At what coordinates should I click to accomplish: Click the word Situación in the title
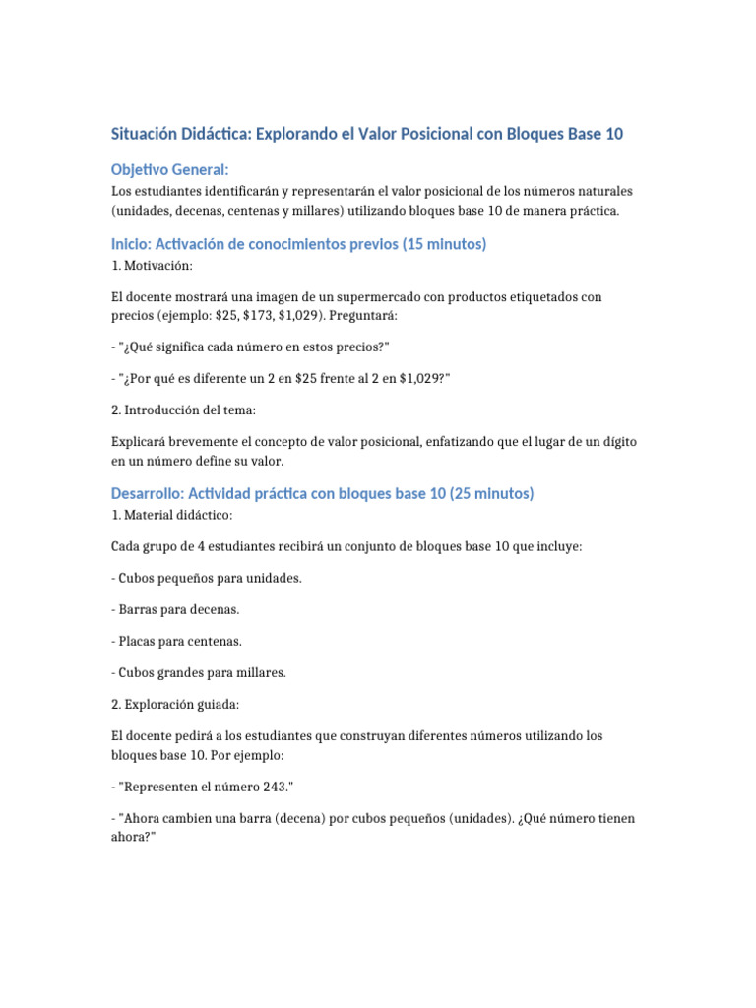(146, 134)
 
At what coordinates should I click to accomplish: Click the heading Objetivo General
(169, 170)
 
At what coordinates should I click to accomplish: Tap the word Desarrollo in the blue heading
(149, 493)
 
